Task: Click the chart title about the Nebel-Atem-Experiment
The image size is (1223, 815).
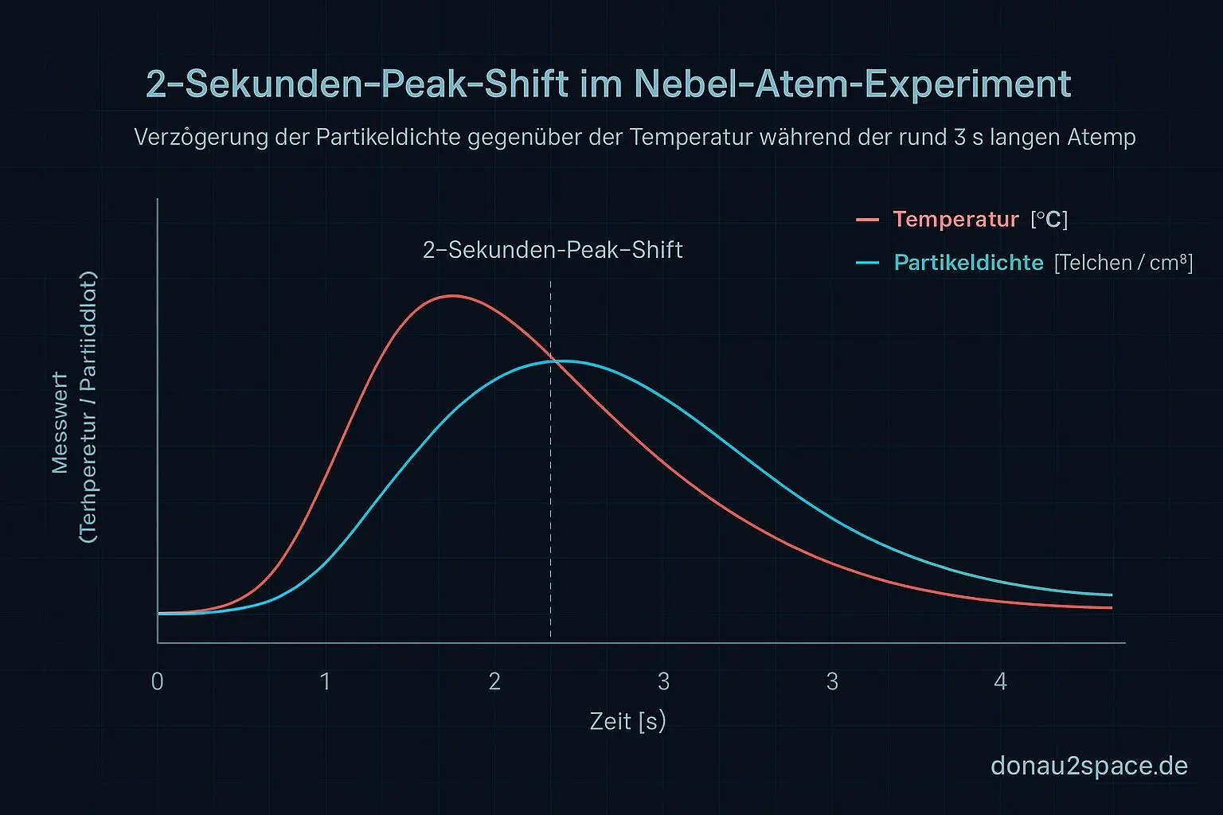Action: coord(608,84)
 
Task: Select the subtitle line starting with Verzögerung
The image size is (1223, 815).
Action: coord(635,138)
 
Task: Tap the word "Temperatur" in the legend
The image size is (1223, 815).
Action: coord(955,220)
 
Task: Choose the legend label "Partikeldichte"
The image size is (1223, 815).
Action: coord(968,263)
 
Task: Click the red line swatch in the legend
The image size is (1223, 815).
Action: coord(867,220)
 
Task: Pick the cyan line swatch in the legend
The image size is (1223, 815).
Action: coord(867,263)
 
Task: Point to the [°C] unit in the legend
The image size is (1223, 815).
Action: coord(1049,220)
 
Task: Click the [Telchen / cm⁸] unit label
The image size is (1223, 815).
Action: coord(1123,263)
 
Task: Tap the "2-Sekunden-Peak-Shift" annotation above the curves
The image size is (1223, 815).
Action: coord(553,251)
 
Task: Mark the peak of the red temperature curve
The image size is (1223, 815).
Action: coord(452,296)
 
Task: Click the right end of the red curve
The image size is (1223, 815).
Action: coord(1110,607)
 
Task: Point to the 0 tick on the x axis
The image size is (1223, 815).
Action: coord(158,681)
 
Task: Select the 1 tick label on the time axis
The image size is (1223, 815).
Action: coord(325,681)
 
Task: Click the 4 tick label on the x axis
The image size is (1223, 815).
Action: coord(1000,681)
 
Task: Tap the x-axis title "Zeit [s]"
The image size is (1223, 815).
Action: coord(627,721)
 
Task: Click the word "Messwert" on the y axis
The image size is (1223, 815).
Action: coord(60,422)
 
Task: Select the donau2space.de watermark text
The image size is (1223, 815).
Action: coord(1088,766)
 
